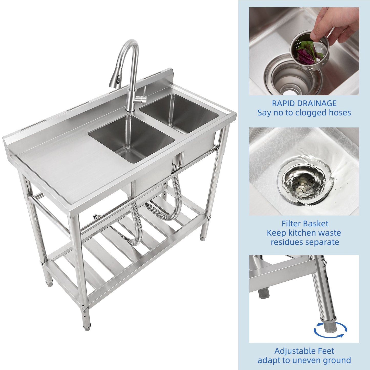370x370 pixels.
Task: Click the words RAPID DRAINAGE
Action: (304, 103)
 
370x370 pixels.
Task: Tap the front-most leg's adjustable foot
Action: (87, 326)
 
